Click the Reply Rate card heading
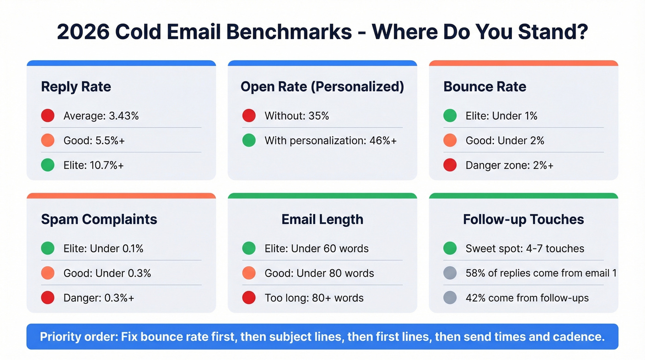pyautogui.click(x=76, y=87)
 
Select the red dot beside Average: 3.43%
pyautogui.click(x=48, y=116)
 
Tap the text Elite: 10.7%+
pyautogui.click(x=94, y=165)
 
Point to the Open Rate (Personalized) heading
pyautogui.click(x=322, y=87)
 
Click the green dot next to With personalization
pyautogui.click(x=249, y=141)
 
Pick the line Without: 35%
pyautogui.click(x=297, y=116)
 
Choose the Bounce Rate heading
pyautogui.click(x=485, y=87)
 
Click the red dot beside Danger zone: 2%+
pyautogui.click(x=450, y=165)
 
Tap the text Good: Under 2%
pyautogui.click(x=505, y=141)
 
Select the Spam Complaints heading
pyautogui.click(x=99, y=219)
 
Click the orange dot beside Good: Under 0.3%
pyautogui.click(x=48, y=273)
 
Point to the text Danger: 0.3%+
pyautogui.click(x=99, y=298)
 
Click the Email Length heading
pyautogui.click(x=322, y=219)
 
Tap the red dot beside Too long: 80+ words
pyautogui.click(x=249, y=298)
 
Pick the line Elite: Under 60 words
pyautogui.click(x=317, y=248)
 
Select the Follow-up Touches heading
pyautogui.click(x=523, y=219)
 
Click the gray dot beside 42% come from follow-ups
pyautogui.click(x=450, y=298)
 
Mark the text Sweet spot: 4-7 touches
pyautogui.click(x=525, y=248)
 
